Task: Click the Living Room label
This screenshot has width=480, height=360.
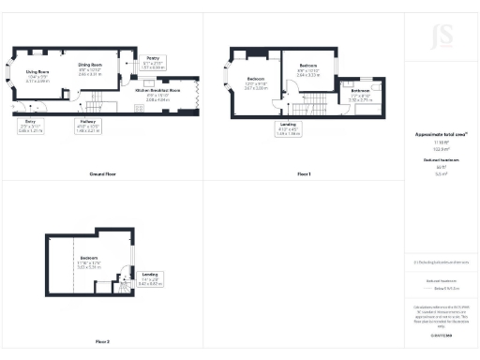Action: [x=37, y=76]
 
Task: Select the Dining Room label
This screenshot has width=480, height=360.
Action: [x=91, y=68]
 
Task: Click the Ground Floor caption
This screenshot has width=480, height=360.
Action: [x=102, y=148]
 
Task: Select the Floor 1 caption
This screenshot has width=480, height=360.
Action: [x=304, y=148]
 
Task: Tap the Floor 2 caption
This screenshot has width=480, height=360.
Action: [x=100, y=341]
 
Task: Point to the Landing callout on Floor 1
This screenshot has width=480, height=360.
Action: [x=289, y=129]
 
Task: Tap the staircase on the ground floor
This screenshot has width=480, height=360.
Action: [x=97, y=98]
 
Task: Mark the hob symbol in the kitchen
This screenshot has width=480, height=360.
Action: [x=138, y=109]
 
